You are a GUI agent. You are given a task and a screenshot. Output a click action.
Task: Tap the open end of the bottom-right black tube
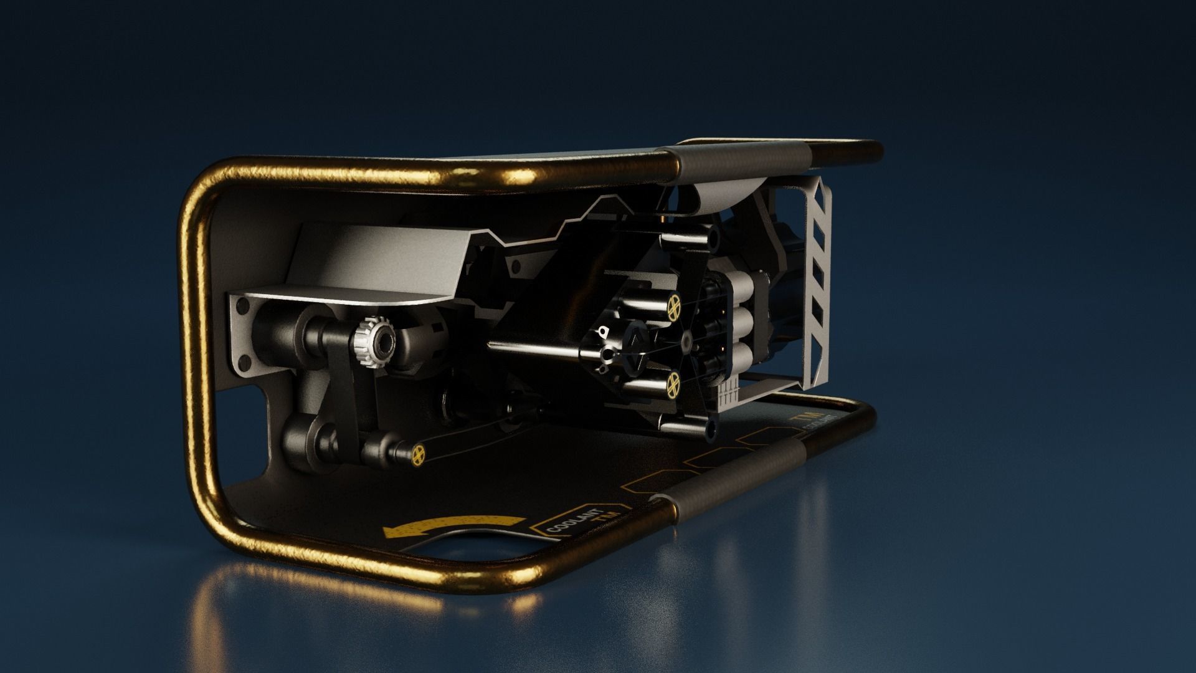pyautogui.click(x=710, y=428)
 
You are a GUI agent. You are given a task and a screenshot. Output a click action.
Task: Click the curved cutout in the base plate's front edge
pyautogui.click(x=473, y=542)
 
